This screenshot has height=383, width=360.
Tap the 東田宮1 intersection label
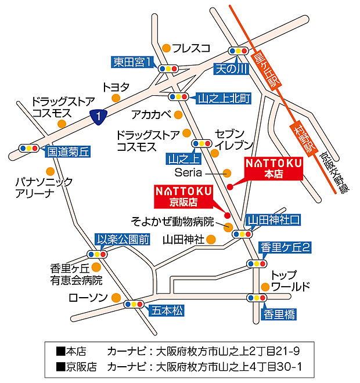click(x=133, y=62)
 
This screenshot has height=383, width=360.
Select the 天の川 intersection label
click(x=231, y=68)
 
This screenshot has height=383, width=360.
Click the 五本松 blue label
click(x=166, y=310)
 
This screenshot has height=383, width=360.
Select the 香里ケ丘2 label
click(x=285, y=247)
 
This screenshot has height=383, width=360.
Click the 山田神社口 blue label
click(x=274, y=219)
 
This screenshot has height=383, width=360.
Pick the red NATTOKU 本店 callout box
click(x=272, y=168)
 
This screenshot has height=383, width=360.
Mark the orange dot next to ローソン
click(x=116, y=298)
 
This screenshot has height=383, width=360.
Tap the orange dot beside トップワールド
click(x=265, y=286)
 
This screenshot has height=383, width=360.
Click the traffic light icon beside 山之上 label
click(x=201, y=143)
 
